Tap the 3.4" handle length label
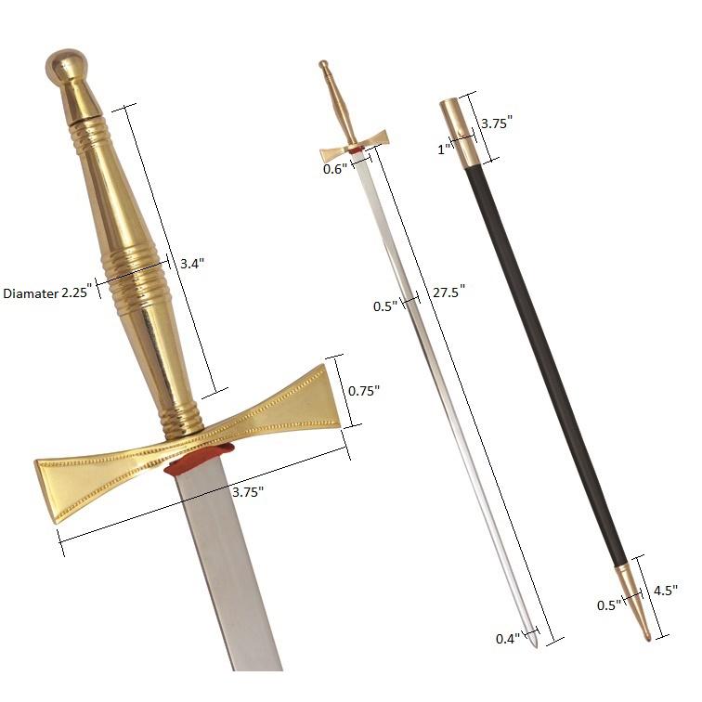pyautogui.click(x=192, y=264)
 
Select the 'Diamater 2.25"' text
pyautogui.click(x=45, y=292)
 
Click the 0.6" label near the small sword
pyautogui.click(x=334, y=169)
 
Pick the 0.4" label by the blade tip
pyautogui.click(x=507, y=639)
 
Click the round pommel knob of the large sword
pyautogui.click(x=64, y=67)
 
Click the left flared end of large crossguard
pyautogui.click(x=66, y=487)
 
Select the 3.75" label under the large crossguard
pyautogui.click(x=247, y=490)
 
